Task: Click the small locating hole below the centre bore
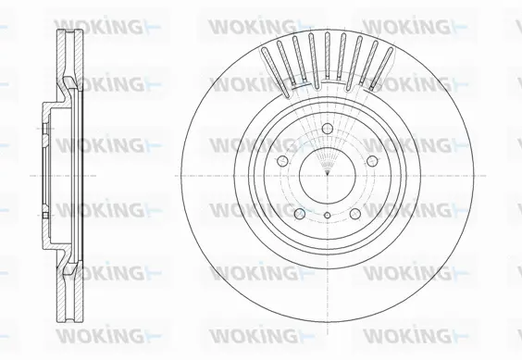coord(329,216)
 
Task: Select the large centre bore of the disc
coord(329,173)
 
